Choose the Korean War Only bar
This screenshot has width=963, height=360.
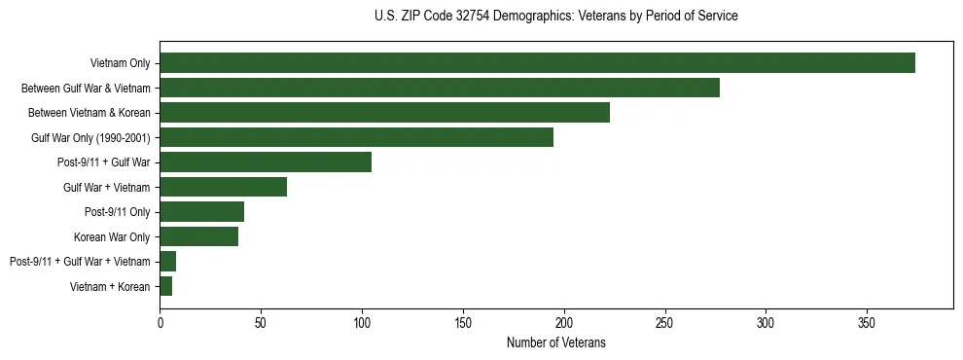point(198,236)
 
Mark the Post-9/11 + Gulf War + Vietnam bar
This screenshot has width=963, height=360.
point(167,261)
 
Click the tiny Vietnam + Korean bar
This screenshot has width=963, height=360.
point(165,286)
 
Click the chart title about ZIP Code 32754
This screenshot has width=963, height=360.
point(555,17)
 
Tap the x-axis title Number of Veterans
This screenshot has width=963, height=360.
point(555,342)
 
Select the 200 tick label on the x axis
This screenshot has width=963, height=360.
point(564,322)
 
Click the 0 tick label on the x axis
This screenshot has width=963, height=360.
point(160,322)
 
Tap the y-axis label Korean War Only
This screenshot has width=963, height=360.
point(112,236)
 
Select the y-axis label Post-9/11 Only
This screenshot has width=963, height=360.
point(118,211)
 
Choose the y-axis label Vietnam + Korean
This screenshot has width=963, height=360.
point(110,286)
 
